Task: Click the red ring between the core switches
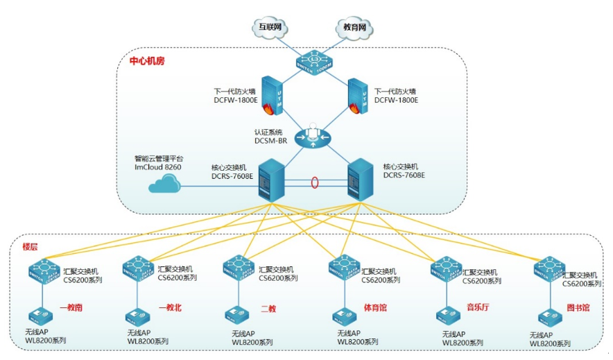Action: tap(316, 184)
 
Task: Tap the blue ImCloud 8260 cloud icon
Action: tap(162, 184)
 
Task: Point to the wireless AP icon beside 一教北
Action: tap(137, 316)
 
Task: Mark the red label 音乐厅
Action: tap(477, 307)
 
